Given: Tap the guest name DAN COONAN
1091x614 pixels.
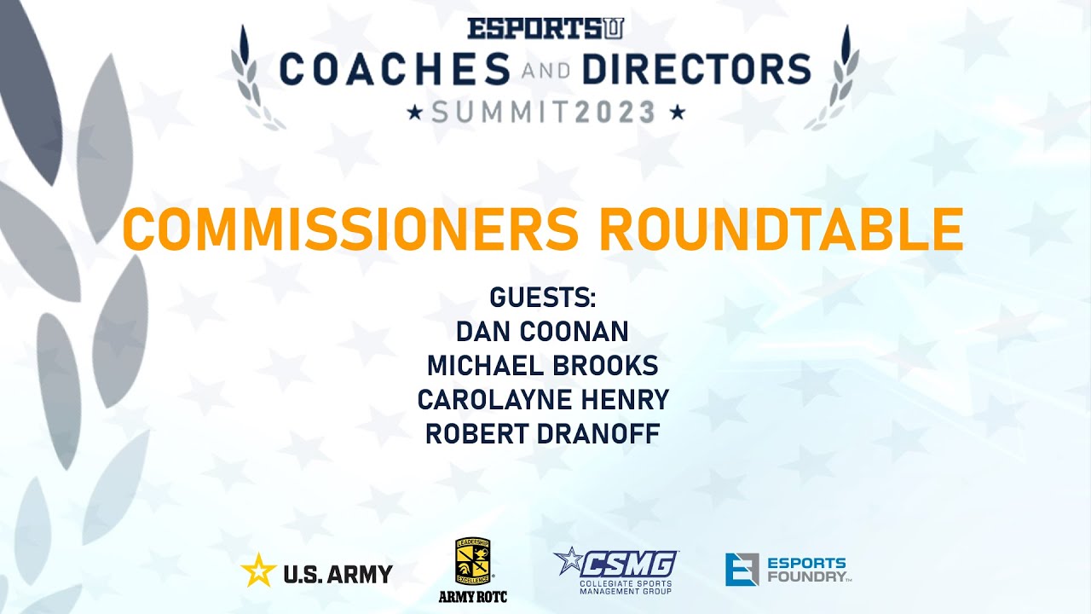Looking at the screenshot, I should (542, 332).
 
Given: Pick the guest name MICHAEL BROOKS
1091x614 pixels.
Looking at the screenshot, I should (542, 366).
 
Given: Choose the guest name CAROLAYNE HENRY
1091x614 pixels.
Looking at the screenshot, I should (542, 399).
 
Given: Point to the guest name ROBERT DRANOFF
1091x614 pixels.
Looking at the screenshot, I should (542, 433).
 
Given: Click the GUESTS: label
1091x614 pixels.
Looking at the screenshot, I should (542, 298).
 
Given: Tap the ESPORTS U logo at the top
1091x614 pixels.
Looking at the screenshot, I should (545, 28).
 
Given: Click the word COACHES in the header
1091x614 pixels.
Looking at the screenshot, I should (394, 69).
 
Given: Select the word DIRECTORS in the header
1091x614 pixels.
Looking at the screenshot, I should (696, 69).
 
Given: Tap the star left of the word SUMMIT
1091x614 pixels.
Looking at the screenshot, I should (415, 113).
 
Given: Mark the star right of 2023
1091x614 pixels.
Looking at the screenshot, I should (678, 113).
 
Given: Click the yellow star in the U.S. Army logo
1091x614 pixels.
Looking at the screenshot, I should (257, 570).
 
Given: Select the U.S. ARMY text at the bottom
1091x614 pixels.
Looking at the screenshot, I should (338, 574).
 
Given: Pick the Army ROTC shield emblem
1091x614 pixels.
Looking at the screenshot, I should (472, 562).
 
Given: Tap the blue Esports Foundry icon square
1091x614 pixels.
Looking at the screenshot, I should (742, 570).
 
